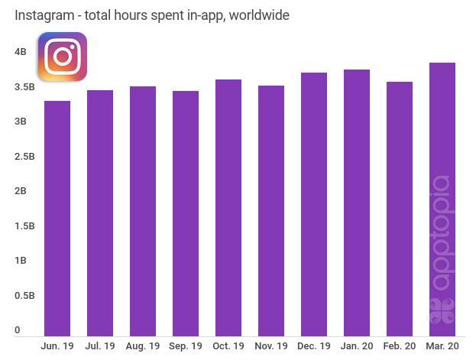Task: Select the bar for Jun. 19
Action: (57, 218)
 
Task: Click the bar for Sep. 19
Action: (186, 213)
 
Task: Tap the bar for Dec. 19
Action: (314, 204)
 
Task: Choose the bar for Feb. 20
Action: (400, 209)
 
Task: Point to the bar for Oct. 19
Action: (228, 207)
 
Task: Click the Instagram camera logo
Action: (63, 57)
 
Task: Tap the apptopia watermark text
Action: (442, 233)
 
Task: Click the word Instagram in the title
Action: (44, 15)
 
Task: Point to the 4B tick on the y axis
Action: (21, 52)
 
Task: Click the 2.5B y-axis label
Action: (25, 157)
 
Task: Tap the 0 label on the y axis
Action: (18, 330)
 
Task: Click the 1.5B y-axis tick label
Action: (25, 226)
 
